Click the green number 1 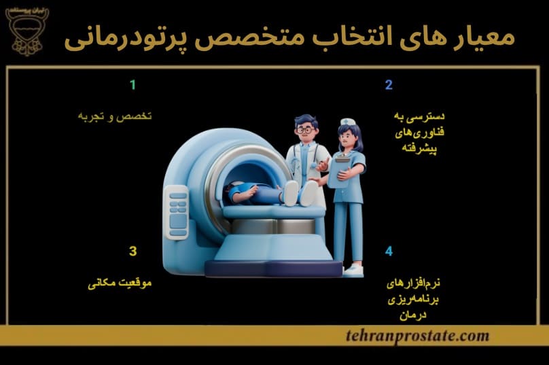(133, 85)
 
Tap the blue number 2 (389, 85)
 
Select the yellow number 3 (133, 251)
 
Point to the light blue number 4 (389, 251)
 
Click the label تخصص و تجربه (113, 116)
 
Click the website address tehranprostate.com (417, 335)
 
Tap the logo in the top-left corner (27, 31)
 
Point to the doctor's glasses (304, 128)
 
